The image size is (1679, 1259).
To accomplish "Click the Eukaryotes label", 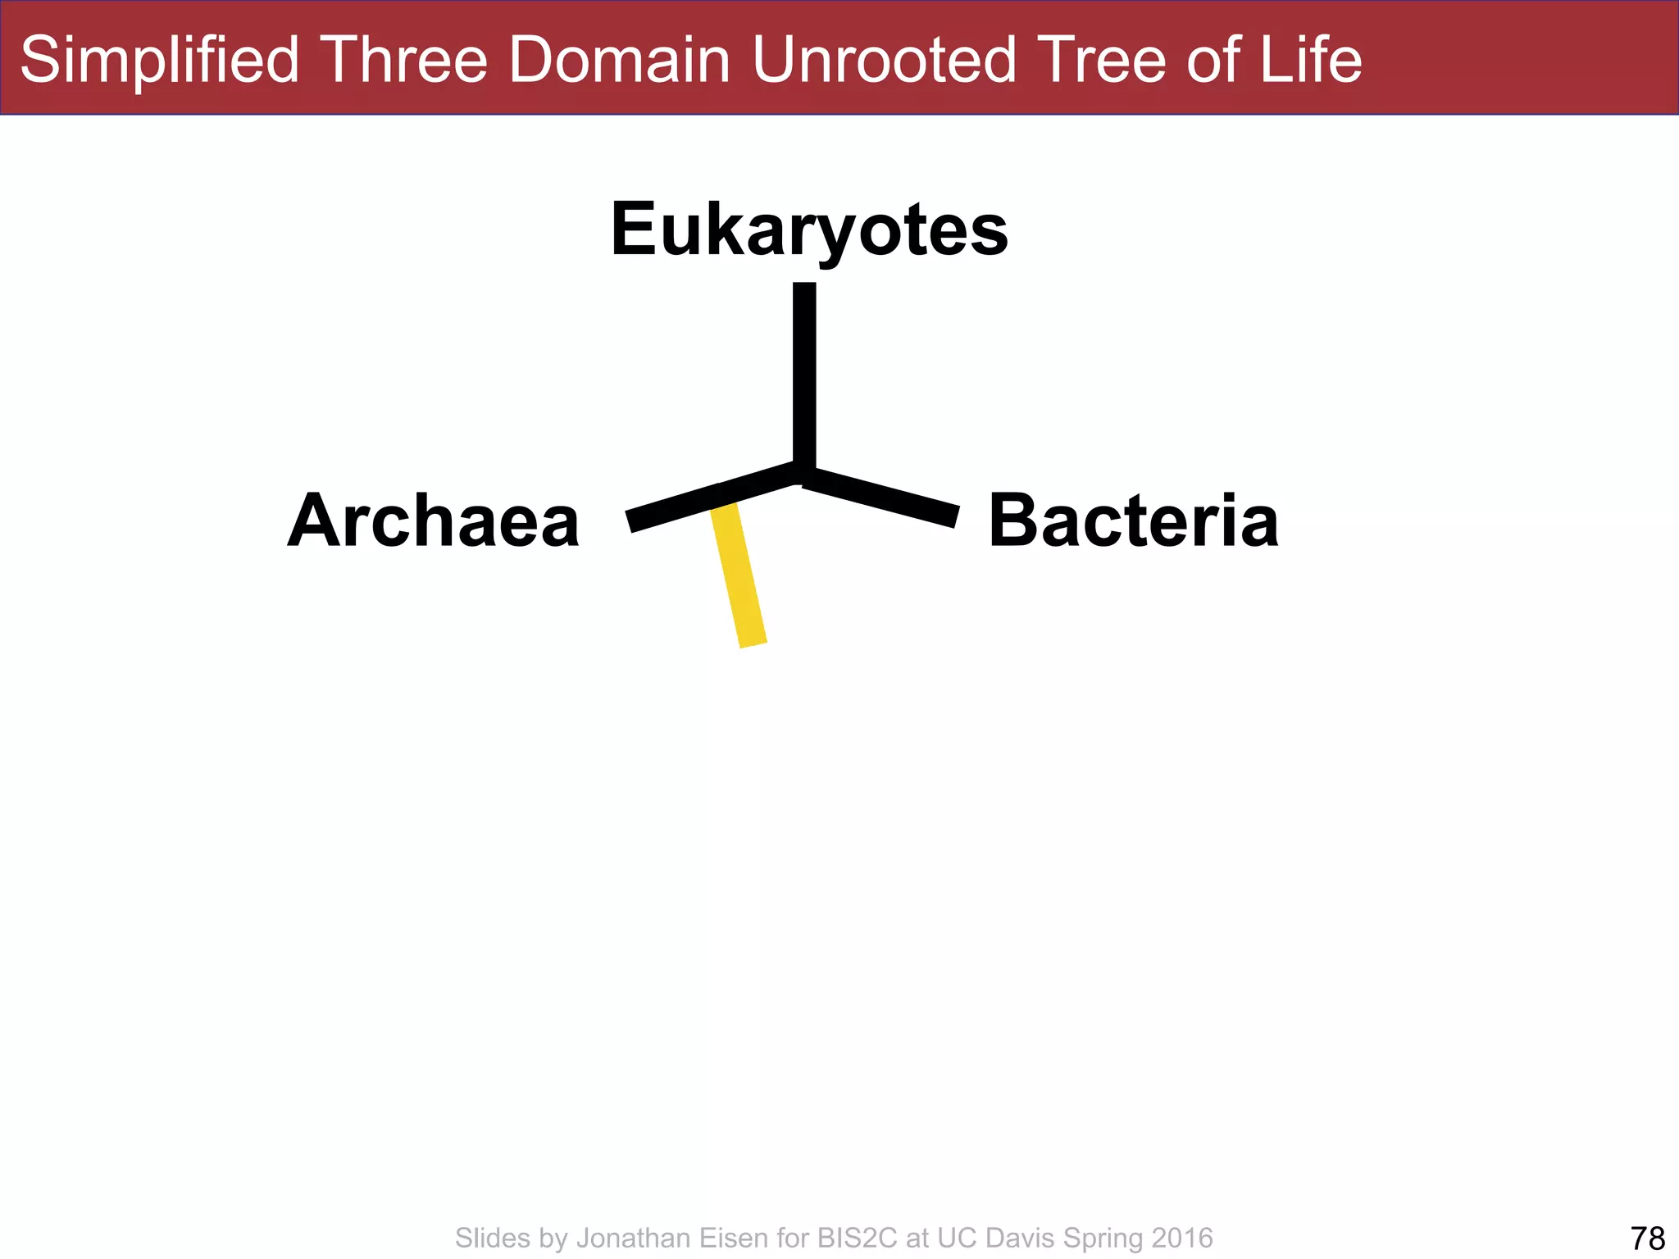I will click(809, 230).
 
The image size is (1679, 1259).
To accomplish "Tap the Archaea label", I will click(434, 521).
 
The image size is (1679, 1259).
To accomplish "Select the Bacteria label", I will click(1133, 521).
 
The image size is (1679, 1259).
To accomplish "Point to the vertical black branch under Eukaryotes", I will click(804, 377).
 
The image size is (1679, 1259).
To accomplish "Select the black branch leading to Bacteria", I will click(881, 497).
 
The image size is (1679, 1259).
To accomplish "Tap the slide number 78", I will click(1648, 1238).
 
